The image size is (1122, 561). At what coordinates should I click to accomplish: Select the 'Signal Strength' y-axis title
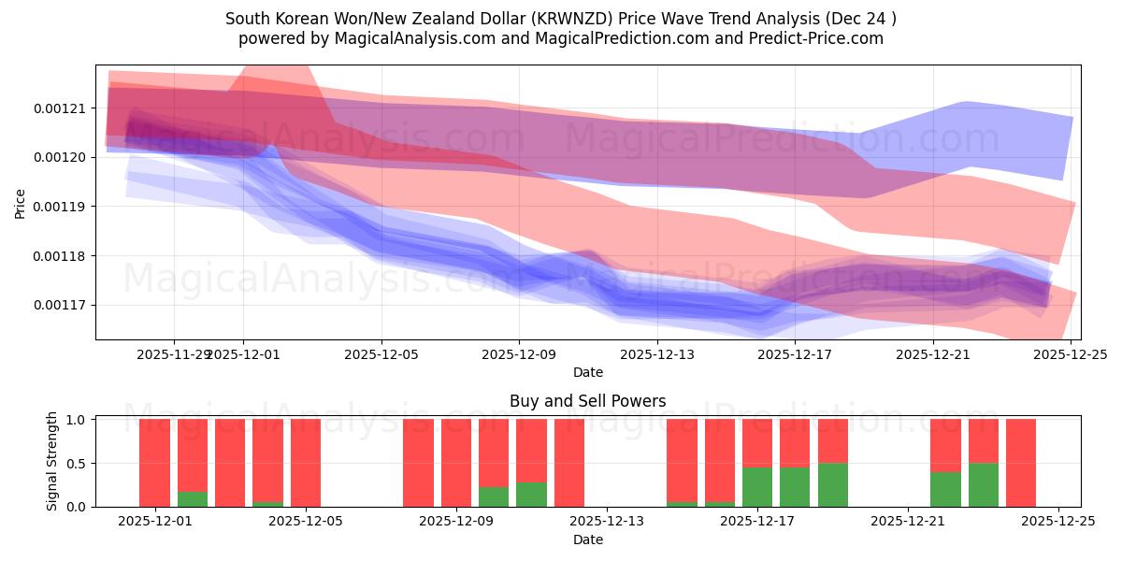coord(52,461)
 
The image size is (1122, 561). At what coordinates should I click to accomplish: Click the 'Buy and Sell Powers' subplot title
coord(587,401)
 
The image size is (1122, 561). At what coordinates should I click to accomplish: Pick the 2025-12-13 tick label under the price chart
coord(656,354)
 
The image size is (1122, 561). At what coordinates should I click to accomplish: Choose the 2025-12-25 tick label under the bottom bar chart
coord(1058,522)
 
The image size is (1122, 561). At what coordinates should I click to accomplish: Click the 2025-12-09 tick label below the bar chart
coord(456,522)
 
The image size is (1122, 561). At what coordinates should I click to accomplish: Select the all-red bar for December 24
coord(1021,463)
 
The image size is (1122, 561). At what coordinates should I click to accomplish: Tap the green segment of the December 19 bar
coord(832,484)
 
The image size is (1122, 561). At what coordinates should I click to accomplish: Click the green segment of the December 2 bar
coord(193,499)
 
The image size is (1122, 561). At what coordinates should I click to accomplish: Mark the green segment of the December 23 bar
coord(983,484)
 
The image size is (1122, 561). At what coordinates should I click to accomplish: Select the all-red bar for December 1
coord(154,463)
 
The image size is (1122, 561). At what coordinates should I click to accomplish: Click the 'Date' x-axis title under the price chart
coord(587,372)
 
